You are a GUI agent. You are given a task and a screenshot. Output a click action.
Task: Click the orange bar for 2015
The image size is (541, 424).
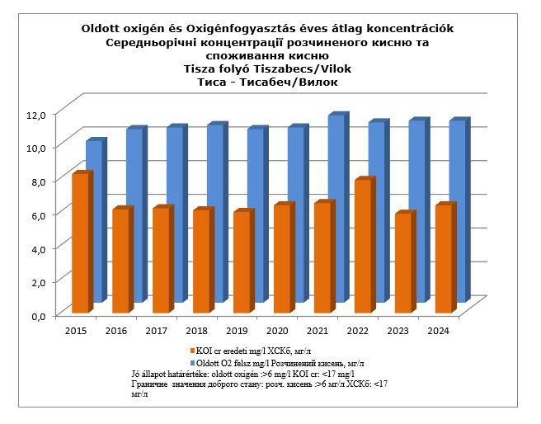(80, 244)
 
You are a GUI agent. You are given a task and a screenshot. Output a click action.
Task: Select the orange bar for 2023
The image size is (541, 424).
(402, 263)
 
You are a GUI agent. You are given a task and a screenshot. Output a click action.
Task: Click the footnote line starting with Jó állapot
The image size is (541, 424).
(248, 374)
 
